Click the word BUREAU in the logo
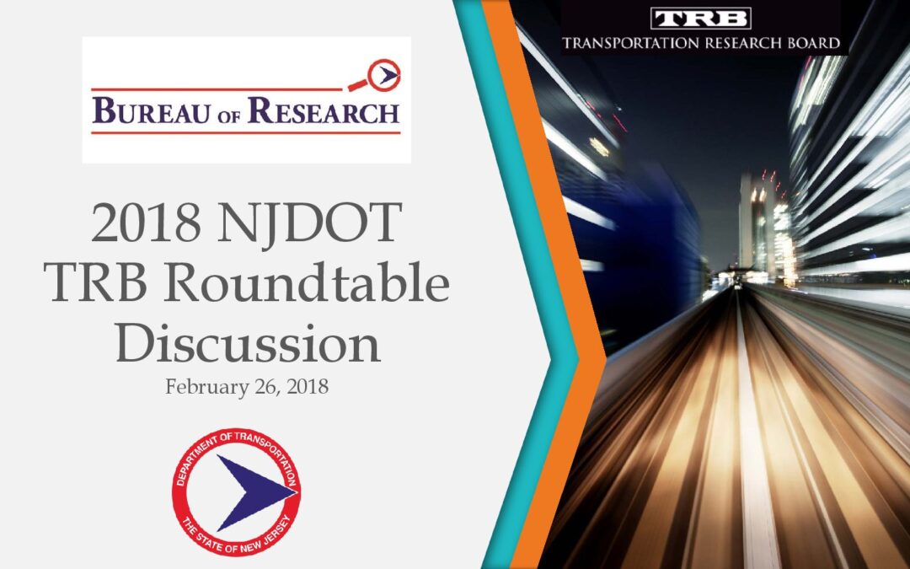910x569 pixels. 151,111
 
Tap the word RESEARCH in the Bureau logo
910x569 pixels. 324,110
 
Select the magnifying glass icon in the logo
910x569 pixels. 377,76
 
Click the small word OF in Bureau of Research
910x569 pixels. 228,116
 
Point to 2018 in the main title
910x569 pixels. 146,223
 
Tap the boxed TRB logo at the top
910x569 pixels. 700,19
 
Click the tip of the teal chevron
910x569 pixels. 578,359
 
